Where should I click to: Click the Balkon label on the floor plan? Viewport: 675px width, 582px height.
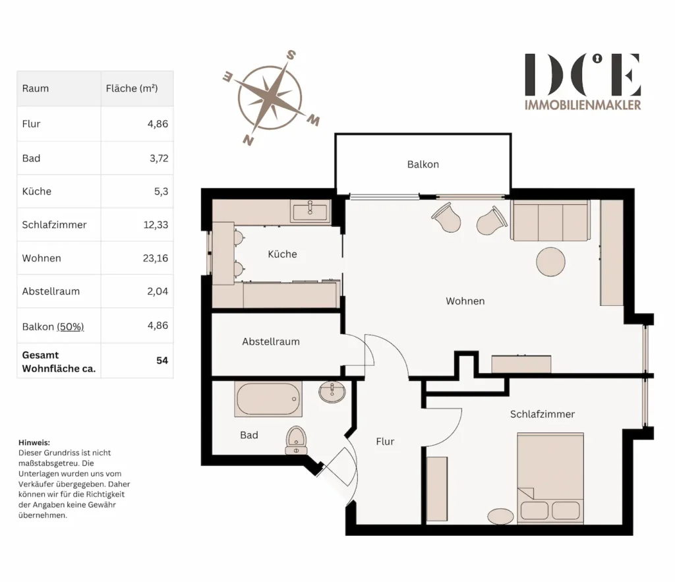coord(423,164)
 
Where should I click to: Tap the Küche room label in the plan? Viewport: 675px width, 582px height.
coord(282,254)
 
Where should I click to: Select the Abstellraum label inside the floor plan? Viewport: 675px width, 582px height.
coord(271,342)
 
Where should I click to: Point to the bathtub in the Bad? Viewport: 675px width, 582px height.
coord(268,399)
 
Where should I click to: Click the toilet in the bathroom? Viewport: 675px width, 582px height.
coord(296,440)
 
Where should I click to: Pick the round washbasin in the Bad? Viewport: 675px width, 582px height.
coord(332,392)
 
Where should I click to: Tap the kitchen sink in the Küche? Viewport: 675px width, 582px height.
coord(310,212)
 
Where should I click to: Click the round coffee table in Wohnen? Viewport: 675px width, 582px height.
coord(550,261)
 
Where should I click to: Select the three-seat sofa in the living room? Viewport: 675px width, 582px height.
coord(550,220)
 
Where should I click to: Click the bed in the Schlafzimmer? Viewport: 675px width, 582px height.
coord(550,479)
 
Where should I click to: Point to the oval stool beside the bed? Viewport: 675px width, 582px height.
coord(501,516)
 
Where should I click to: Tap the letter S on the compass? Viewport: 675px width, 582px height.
coord(291,55)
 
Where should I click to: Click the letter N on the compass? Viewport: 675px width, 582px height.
coord(248,140)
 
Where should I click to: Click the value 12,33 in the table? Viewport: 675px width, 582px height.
coord(156,225)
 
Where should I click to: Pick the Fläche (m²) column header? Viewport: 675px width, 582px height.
coord(132,88)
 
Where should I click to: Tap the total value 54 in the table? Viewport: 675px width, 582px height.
coord(162,361)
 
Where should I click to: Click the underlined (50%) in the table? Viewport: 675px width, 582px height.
coord(70,327)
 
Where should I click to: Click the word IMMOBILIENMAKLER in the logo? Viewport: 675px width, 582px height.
coord(583,105)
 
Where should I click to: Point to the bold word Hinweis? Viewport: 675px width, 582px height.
coord(34,442)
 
